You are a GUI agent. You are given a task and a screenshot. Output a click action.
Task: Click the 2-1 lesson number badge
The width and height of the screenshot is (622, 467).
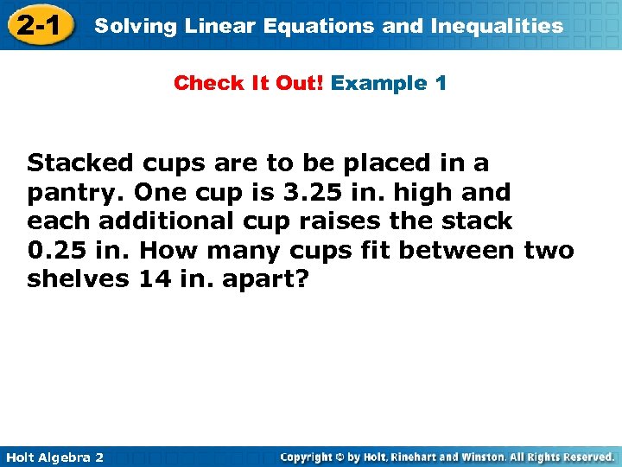tap(37, 25)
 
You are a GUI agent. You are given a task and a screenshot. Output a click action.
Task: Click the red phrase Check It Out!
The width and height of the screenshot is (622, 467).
tap(249, 84)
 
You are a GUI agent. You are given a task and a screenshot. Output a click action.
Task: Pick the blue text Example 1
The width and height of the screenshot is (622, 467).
tap(389, 84)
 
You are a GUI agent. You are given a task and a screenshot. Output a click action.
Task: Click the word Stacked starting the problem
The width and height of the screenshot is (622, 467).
tap(80, 163)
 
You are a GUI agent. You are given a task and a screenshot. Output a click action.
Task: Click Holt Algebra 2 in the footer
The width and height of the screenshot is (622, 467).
tap(54, 457)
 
